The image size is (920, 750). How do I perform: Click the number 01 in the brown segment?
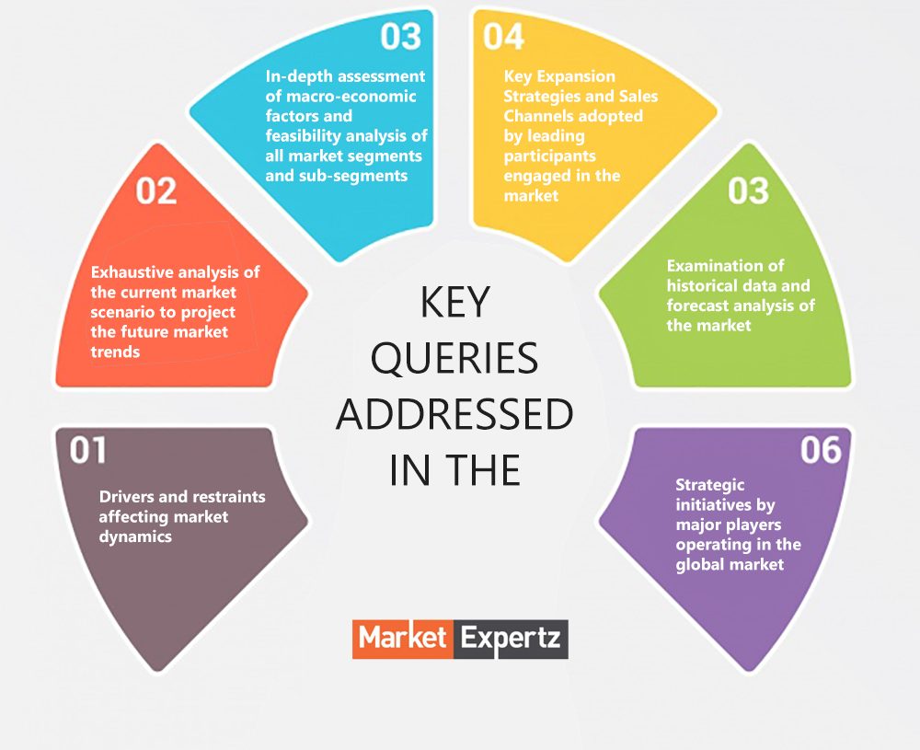click(x=88, y=450)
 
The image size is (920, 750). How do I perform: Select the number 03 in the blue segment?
click(x=401, y=36)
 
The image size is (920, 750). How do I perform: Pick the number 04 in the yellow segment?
click(x=503, y=36)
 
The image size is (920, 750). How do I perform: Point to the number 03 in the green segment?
click(x=748, y=190)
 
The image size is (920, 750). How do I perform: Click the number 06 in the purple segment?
click(x=821, y=450)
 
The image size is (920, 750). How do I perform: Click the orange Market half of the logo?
click(x=402, y=638)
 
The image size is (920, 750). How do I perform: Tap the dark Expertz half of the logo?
click(x=511, y=638)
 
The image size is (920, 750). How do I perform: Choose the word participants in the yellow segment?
click(x=549, y=156)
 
